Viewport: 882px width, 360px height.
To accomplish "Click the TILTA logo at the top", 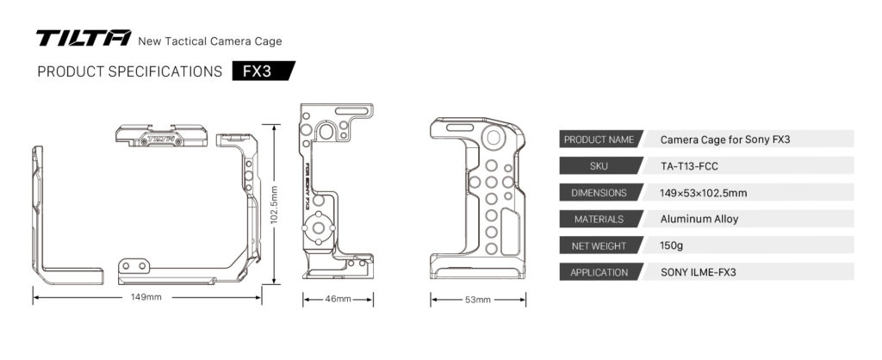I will pyautogui.click(x=83, y=39).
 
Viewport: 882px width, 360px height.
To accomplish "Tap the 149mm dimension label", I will pyautogui.click(x=146, y=298).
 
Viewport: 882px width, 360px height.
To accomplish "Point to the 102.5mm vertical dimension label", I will pyautogui.click(x=274, y=206).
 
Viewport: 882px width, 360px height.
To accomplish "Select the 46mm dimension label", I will pyautogui.click(x=338, y=299).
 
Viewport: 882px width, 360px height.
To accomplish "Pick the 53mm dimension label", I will pyautogui.click(x=477, y=300).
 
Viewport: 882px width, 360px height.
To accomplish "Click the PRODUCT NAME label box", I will pyautogui.click(x=598, y=140).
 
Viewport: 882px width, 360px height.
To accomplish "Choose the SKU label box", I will pyautogui.click(x=598, y=166).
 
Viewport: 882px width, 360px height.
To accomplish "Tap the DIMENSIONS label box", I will pyautogui.click(x=598, y=193).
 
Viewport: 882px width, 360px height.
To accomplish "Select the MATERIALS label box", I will pyautogui.click(x=598, y=220).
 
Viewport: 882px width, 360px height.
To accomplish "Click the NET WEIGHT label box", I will pyautogui.click(x=598, y=246).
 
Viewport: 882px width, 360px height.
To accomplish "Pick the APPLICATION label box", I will pyautogui.click(x=598, y=273).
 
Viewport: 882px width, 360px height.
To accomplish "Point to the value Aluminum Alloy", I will pyautogui.click(x=699, y=220).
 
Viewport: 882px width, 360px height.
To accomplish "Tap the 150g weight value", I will pyautogui.click(x=672, y=246).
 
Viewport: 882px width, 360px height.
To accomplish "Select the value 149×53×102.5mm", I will pyautogui.click(x=703, y=193).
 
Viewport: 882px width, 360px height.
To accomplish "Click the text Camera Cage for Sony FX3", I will pyautogui.click(x=719, y=140).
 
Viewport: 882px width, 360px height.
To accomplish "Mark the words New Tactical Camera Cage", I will pyautogui.click(x=210, y=40).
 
